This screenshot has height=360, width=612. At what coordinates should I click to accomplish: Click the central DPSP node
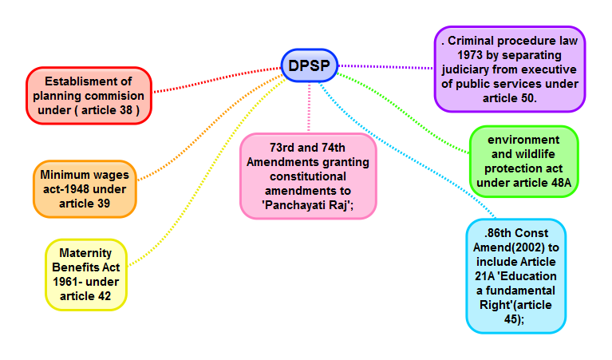[310, 65]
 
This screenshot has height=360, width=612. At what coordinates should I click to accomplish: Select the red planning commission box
[89, 95]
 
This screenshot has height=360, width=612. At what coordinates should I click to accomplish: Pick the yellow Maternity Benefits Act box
[85, 274]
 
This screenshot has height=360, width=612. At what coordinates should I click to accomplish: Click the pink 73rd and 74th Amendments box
[307, 176]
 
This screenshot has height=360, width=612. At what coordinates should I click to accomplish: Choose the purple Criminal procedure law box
[509, 69]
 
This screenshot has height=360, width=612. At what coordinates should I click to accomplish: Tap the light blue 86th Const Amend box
[515, 275]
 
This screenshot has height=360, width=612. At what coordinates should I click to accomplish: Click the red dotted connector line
[215, 79]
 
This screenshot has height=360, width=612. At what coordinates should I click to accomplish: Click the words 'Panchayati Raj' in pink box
[307, 204]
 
